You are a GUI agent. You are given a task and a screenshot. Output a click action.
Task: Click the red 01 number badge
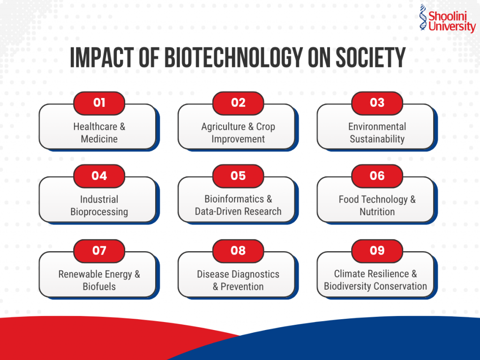99,103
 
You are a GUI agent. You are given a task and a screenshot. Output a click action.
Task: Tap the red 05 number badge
238,176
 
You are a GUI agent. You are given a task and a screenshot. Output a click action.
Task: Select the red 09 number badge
377,251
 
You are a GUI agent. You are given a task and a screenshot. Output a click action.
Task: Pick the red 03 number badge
377,103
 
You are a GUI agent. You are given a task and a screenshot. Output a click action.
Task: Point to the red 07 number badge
99,251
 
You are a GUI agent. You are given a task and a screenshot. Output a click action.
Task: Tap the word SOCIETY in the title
370,58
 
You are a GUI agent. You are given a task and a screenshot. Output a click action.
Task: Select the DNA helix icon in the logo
423,17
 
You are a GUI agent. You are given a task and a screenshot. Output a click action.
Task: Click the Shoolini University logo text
452,22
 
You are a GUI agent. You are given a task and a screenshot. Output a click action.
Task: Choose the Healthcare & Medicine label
99,133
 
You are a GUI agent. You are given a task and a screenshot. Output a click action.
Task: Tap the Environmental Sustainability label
377,133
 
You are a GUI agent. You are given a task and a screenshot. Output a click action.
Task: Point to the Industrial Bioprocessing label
99,205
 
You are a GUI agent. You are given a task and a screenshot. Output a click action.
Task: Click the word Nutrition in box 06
377,212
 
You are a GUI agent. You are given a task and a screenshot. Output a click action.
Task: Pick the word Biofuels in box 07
99,286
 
